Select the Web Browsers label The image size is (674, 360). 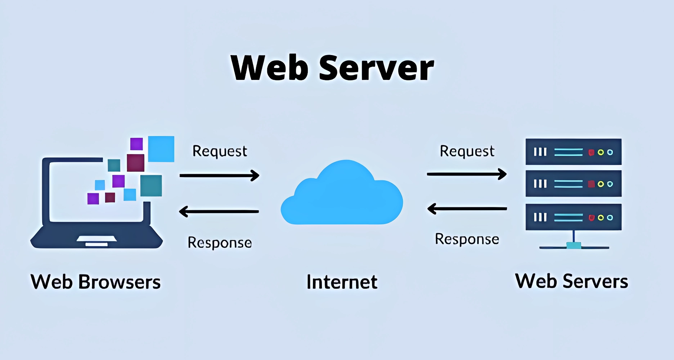pyautogui.click(x=95, y=282)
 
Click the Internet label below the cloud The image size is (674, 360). pyautogui.click(x=342, y=282)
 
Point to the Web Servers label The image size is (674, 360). pyautogui.click(x=571, y=281)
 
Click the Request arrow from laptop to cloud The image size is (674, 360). pyautogui.click(x=219, y=176)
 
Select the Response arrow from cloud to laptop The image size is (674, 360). pyautogui.click(x=219, y=211)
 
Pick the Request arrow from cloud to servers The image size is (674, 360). pyautogui.click(x=467, y=174)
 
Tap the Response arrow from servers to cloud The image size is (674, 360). pyautogui.click(x=467, y=208)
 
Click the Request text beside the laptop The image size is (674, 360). pyautogui.click(x=220, y=152)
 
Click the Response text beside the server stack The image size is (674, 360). pyautogui.click(x=467, y=239)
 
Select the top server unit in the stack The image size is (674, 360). pyautogui.click(x=574, y=152)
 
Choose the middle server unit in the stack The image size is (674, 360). pyautogui.click(x=574, y=184)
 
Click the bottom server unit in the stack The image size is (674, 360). pyautogui.click(x=574, y=217)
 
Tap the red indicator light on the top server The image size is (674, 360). pyautogui.click(x=591, y=153)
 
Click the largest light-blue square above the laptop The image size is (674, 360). pyautogui.click(x=161, y=149)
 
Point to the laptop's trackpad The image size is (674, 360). pyautogui.click(x=96, y=239)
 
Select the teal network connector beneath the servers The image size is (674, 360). pyautogui.click(x=574, y=246)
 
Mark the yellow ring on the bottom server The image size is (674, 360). pyautogui.click(x=601, y=218)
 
